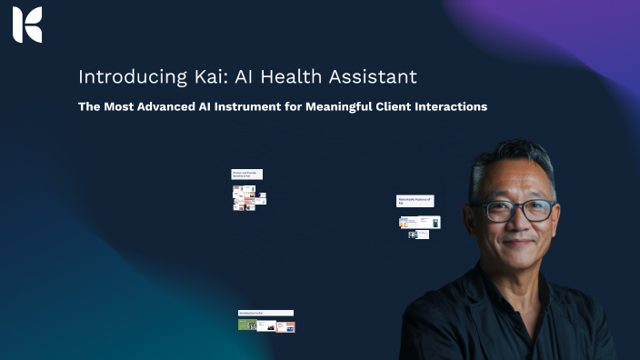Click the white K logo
27,25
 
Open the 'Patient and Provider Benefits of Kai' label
246,174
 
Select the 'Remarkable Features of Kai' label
415,200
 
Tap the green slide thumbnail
246,325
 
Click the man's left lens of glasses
537,210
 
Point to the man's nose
518,225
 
